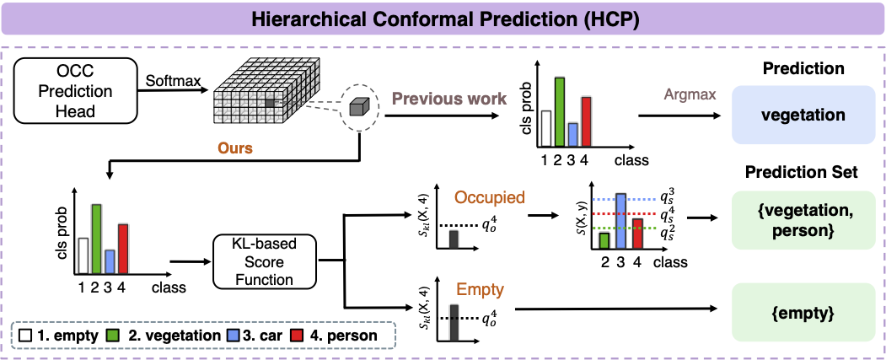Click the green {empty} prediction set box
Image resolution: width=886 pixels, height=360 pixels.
tap(803, 313)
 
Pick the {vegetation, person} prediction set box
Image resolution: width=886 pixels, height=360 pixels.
tap(803, 219)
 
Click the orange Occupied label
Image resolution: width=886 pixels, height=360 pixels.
tap(489, 198)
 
